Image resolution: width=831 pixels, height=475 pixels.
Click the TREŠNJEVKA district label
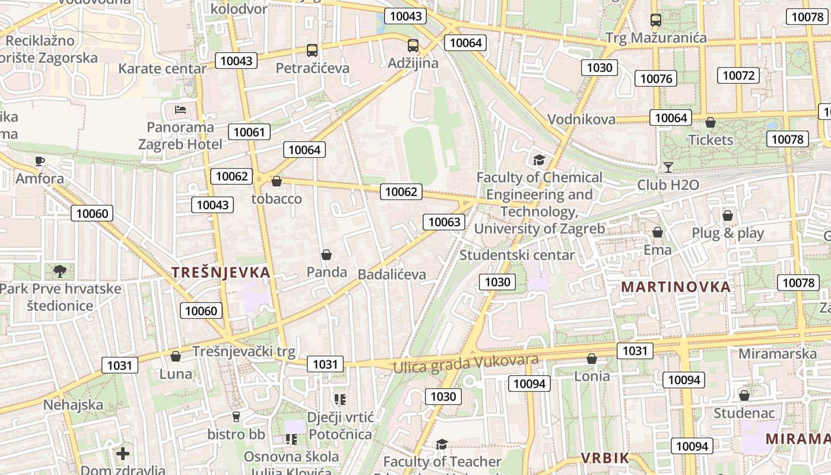click(x=221, y=273)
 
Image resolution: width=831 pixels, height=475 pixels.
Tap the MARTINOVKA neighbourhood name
click(x=675, y=287)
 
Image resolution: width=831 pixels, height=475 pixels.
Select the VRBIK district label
click(x=605, y=458)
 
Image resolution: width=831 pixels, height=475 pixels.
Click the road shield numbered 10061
click(x=249, y=132)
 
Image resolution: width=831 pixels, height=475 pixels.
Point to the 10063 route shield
click(x=444, y=222)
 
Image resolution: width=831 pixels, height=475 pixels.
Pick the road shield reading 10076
click(x=656, y=78)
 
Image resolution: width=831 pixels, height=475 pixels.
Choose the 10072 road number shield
click(x=738, y=75)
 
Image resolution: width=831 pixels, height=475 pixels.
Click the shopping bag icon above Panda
click(x=326, y=255)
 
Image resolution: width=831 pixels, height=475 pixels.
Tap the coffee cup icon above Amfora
click(x=40, y=161)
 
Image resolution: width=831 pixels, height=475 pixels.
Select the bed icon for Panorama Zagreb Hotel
click(x=180, y=110)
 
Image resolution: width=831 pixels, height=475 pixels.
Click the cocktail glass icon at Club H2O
click(x=668, y=167)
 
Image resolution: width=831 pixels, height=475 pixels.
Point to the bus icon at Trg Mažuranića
click(x=656, y=21)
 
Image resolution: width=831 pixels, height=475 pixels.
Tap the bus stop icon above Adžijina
click(x=413, y=46)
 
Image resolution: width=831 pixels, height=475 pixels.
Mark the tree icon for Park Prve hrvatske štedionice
click(x=59, y=271)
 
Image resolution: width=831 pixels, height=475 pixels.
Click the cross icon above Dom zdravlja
click(x=123, y=454)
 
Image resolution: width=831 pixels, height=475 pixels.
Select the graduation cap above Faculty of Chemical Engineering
click(x=539, y=160)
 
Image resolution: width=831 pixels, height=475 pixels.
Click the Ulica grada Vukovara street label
click(x=466, y=363)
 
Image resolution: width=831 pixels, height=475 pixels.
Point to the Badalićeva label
click(x=392, y=274)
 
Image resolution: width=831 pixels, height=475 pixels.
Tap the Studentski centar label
click(x=517, y=255)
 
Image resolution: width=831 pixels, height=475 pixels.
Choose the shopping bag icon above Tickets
click(x=711, y=123)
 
